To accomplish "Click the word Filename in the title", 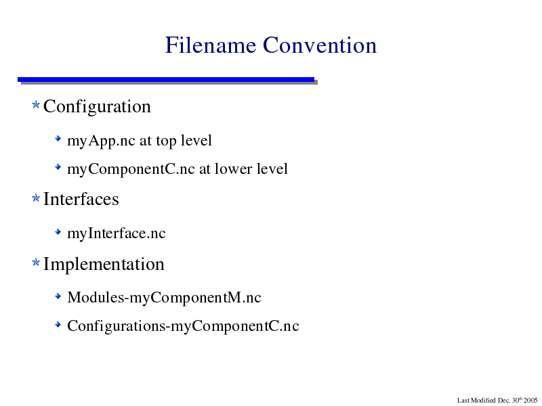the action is pyautogui.click(x=211, y=45).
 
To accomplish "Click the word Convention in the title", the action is pyautogui.click(x=320, y=45).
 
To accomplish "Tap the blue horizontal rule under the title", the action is pyautogui.click(x=166, y=80).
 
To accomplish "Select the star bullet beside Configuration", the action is pyautogui.click(x=36, y=104).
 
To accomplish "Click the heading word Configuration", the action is pyautogui.click(x=97, y=107).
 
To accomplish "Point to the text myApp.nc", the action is pyautogui.click(x=101, y=141).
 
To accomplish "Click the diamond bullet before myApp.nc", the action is pyautogui.click(x=58, y=139).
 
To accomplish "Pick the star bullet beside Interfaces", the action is pyautogui.click(x=36, y=198).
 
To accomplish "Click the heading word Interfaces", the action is pyautogui.click(x=81, y=199).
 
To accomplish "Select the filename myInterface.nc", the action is pyautogui.click(x=117, y=233).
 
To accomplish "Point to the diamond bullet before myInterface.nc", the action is pyautogui.click(x=58, y=231).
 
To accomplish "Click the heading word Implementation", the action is pyautogui.click(x=104, y=265).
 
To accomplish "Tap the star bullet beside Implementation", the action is pyautogui.click(x=36, y=263).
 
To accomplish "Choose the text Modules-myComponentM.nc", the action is pyautogui.click(x=164, y=298).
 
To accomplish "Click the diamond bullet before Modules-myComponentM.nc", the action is pyautogui.click(x=58, y=296).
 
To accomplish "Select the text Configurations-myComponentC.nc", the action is pyautogui.click(x=183, y=326).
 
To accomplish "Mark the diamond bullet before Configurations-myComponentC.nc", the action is pyautogui.click(x=58, y=324).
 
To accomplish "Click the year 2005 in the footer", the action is pyautogui.click(x=530, y=401).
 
